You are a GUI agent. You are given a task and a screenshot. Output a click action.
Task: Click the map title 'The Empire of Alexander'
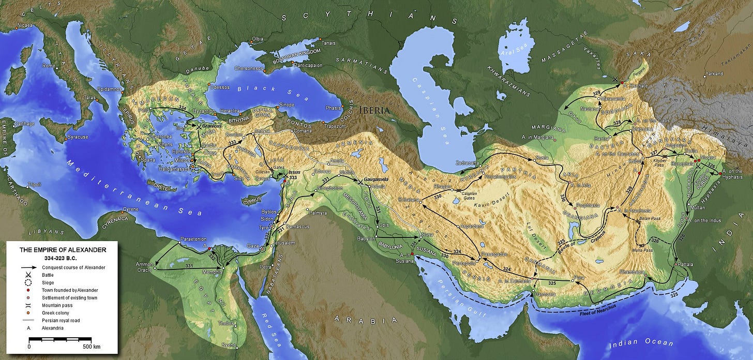coord(63,250)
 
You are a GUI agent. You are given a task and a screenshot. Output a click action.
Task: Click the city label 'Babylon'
coord(366,238)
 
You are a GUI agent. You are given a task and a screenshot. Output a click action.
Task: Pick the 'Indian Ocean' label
coord(641,343)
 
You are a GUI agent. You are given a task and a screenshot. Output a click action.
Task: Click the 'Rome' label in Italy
coord(48,66)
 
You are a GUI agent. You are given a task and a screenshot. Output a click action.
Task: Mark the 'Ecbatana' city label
coord(408,199)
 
